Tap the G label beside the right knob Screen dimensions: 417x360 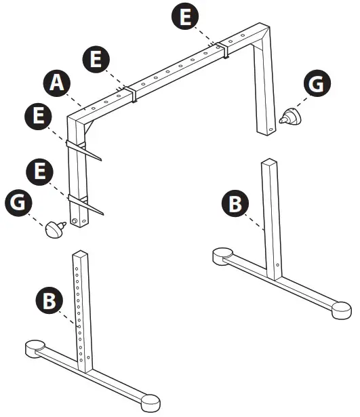[315, 85]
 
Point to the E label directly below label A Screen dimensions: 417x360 [41, 117]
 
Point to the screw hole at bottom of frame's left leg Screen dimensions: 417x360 [76, 220]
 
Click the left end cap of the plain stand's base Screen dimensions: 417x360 [220, 256]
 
